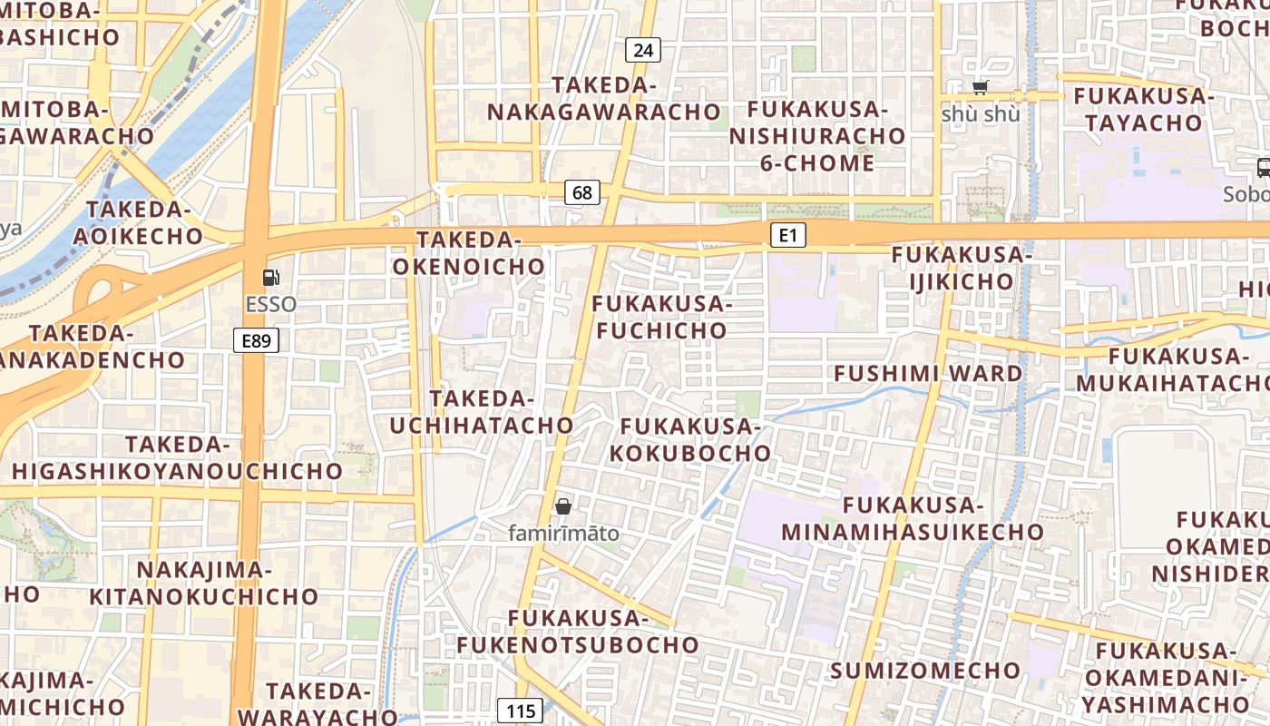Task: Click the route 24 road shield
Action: pyautogui.click(x=642, y=50)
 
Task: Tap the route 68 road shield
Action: pyautogui.click(x=582, y=191)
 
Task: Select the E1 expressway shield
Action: pyautogui.click(x=787, y=236)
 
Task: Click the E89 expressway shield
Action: pyautogui.click(x=256, y=340)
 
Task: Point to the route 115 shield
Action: pyautogui.click(x=520, y=711)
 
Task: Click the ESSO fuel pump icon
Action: pyautogui.click(x=270, y=278)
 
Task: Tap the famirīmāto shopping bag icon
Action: pyautogui.click(x=563, y=506)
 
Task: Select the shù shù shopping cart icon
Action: pyautogui.click(x=980, y=88)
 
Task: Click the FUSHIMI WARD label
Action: pyautogui.click(x=927, y=373)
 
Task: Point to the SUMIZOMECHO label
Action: pyautogui.click(x=924, y=671)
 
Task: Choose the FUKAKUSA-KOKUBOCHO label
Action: pyautogui.click(x=690, y=439)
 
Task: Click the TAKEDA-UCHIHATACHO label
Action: pyautogui.click(x=482, y=411)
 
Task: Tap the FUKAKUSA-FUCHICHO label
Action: pyautogui.click(x=661, y=317)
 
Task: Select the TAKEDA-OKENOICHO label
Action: pyautogui.click(x=468, y=253)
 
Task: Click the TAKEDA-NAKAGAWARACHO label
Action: pyautogui.click(x=604, y=99)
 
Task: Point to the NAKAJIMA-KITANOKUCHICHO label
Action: pyautogui.click(x=203, y=583)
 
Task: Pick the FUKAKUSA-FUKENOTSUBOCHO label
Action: pyautogui.click(x=578, y=632)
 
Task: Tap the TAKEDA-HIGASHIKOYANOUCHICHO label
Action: pyautogui.click(x=177, y=457)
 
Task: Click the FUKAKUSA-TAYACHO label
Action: pyautogui.click(x=1143, y=109)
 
